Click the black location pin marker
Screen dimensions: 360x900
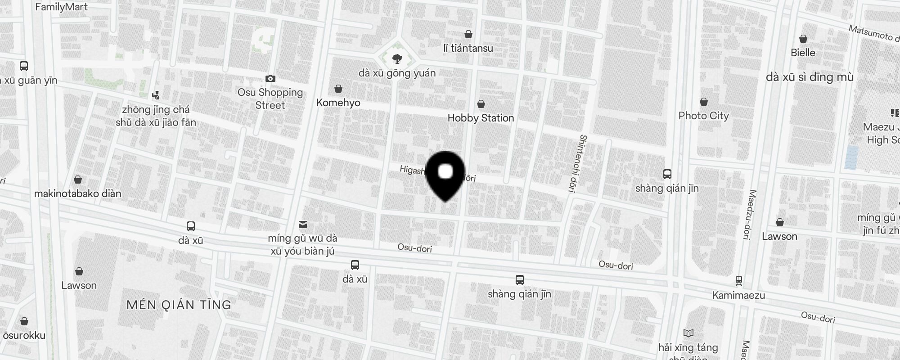point(445,175)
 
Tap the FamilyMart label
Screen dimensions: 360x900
point(61,7)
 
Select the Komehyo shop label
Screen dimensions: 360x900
point(338,103)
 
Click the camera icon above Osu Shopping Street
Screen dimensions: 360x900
point(270,79)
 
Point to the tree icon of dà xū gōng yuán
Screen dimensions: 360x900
point(397,59)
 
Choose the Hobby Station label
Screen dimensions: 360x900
point(481,118)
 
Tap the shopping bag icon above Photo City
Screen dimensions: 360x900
point(704,102)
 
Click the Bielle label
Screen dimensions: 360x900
point(803,53)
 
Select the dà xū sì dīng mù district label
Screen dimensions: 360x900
point(810,77)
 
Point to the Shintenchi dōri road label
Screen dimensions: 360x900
point(578,164)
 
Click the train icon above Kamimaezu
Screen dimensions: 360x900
point(738,281)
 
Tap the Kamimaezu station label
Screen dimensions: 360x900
point(738,296)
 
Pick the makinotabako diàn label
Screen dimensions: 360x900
point(78,193)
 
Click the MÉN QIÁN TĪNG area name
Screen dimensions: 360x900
point(179,305)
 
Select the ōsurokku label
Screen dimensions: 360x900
point(24,335)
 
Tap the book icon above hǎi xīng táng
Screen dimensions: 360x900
point(688,333)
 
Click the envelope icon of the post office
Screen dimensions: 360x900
point(303,224)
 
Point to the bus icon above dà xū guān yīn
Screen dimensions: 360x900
point(24,66)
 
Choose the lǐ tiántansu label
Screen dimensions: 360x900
point(468,48)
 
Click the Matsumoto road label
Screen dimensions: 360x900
point(870,33)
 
